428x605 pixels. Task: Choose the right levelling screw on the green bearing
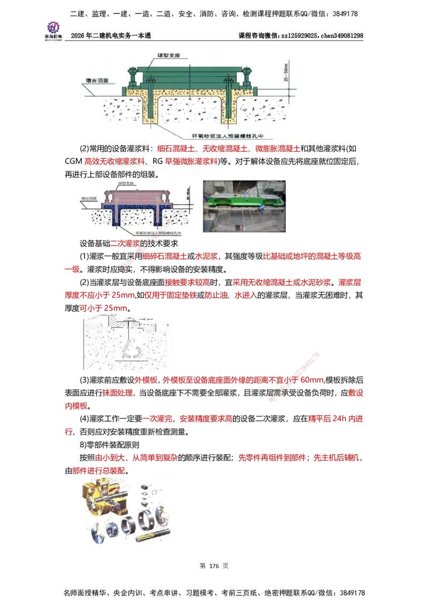point(247,79)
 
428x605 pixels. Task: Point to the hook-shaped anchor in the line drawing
point(130,347)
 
